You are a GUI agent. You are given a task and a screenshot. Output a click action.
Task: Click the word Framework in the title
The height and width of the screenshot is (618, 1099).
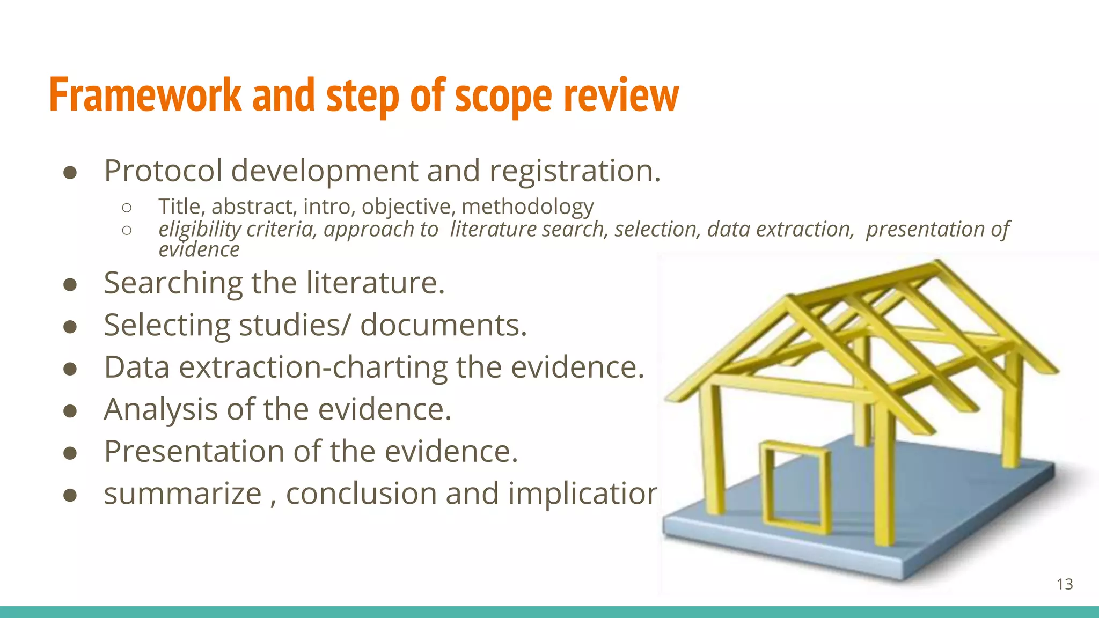145,95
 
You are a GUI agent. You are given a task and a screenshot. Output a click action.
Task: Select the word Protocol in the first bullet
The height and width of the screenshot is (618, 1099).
163,171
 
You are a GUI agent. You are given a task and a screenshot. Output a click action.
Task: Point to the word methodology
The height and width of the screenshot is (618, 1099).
527,207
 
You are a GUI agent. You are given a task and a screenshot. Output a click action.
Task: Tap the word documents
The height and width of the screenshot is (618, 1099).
443,325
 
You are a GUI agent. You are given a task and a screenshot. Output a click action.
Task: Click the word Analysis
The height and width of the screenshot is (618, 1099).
160,409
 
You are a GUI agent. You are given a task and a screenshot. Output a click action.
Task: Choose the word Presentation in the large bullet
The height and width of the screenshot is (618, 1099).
194,451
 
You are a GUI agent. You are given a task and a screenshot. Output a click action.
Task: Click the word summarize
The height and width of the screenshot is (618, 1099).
182,494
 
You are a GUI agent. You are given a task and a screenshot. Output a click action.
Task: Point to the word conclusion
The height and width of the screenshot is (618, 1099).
361,494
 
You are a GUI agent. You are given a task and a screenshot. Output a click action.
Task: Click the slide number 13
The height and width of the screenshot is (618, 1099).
1065,584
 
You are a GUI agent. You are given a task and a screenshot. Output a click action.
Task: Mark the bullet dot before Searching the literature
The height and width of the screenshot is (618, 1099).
70,284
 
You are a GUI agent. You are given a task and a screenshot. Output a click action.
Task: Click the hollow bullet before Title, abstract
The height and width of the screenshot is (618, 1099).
127,208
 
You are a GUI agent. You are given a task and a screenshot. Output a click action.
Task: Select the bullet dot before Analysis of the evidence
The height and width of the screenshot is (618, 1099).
70,411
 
